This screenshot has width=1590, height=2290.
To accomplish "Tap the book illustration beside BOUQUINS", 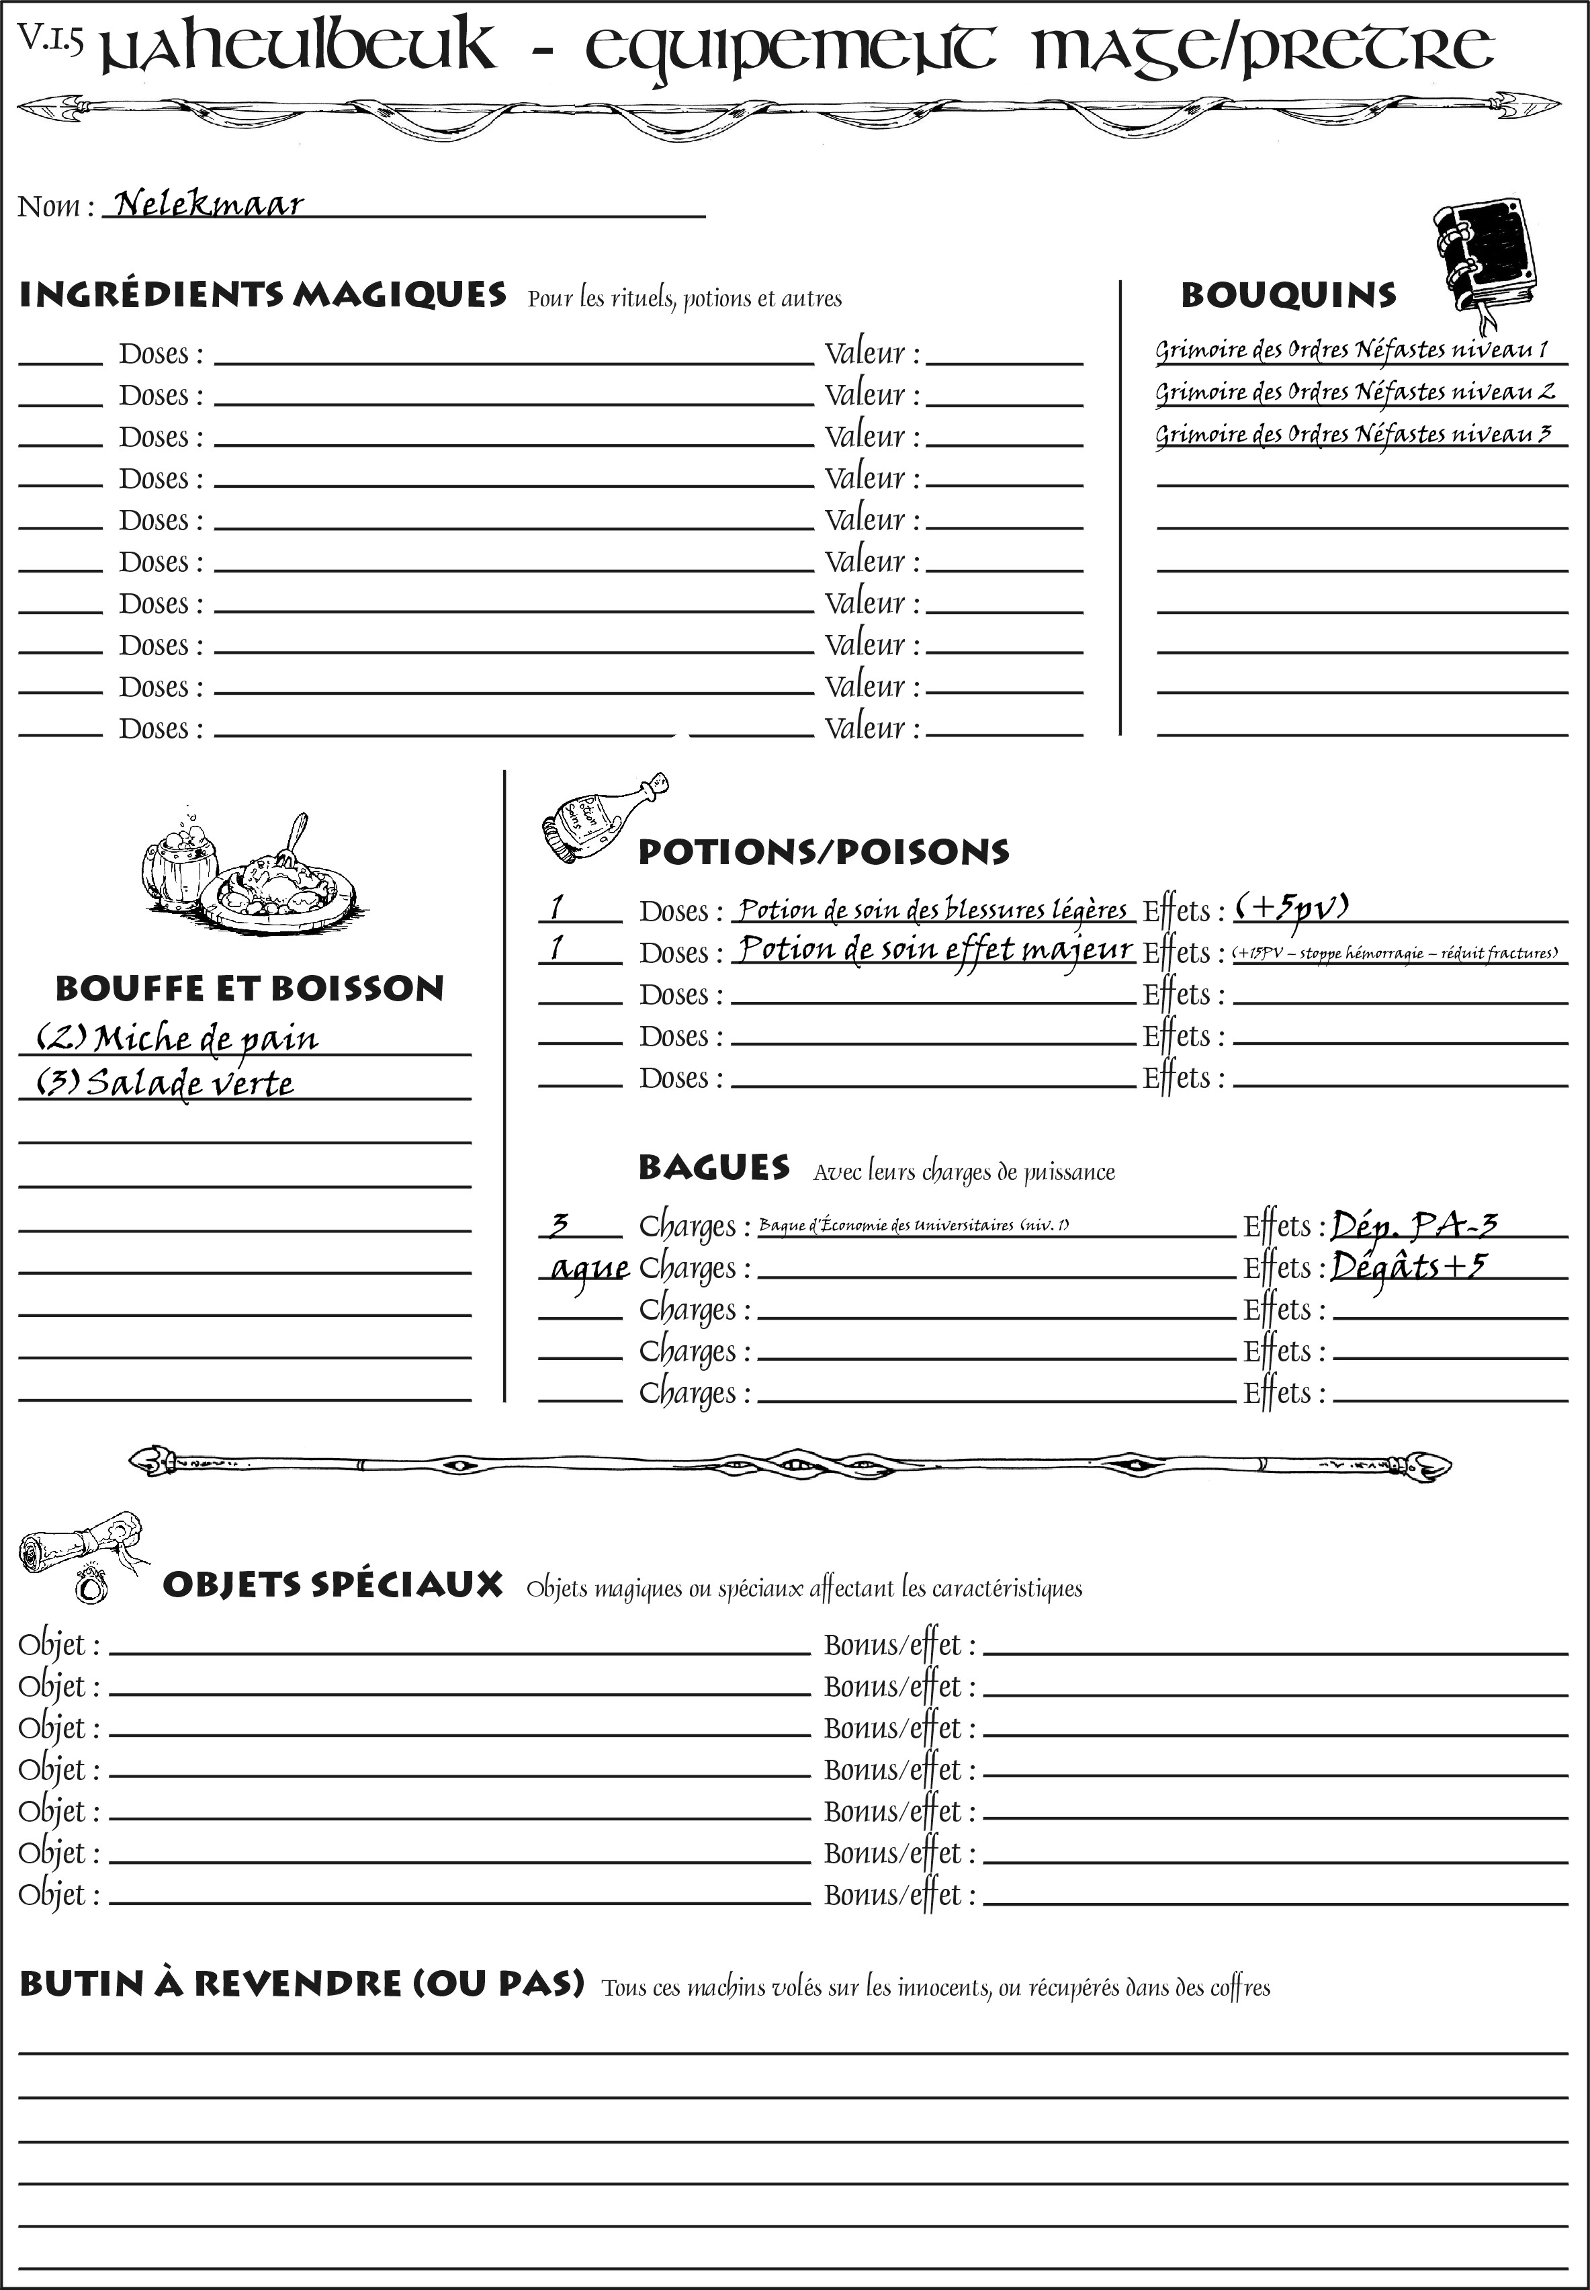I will pyautogui.click(x=1485, y=261).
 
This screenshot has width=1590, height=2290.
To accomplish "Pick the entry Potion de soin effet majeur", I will pyautogui.click(x=934, y=949).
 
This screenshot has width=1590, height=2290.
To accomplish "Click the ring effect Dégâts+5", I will pyautogui.click(x=1408, y=1265).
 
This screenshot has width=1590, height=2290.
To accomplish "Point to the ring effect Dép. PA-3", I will pyautogui.click(x=1413, y=1224).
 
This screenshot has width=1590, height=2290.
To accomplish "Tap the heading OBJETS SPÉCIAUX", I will pyautogui.click(x=332, y=1584).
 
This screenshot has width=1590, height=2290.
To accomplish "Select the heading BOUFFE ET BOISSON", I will pyautogui.click(x=249, y=988).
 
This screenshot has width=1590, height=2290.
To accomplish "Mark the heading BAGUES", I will pyautogui.click(x=713, y=1168).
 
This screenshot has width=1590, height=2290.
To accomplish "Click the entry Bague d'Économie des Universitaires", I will pyautogui.click(x=914, y=1225).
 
